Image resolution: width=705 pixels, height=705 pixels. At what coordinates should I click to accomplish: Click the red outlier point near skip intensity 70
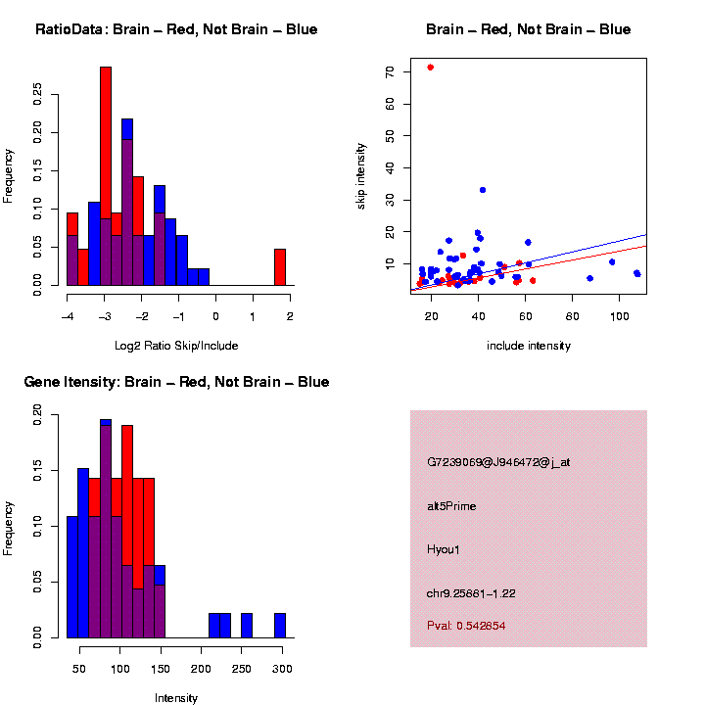pyautogui.click(x=430, y=68)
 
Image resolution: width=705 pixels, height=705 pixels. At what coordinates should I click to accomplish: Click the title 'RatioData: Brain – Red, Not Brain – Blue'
pyautogui.click(x=176, y=29)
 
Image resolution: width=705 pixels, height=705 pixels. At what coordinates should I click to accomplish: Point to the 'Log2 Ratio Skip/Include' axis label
pyautogui.click(x=177, y=345)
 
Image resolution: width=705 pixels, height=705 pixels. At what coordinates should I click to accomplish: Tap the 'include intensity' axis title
pyautogui.click(x=528, y=346)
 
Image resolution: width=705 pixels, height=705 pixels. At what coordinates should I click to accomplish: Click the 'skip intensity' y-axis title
pyautogui.click(x=361, y=175)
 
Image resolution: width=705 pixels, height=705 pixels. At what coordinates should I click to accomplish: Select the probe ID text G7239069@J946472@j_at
pyautogui.click(x=498, y=462)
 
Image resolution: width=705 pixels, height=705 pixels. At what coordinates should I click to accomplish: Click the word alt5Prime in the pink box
pyautogui.click(x=451, y=506)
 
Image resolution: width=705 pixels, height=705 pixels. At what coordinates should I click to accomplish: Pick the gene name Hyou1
pyautogui.click(x=444, y=549)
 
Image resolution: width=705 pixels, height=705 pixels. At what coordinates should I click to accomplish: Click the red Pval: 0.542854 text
pyautogui.click(x=466, y=625)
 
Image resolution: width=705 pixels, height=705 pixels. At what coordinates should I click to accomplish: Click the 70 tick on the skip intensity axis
pyautogui.click(x=390, y=71)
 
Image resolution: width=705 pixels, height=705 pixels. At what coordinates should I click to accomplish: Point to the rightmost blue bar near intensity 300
pyautogui.click(x=280, y=626)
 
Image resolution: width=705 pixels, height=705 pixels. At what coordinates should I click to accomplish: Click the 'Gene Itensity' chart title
pyautogui.click(x=176, y=382)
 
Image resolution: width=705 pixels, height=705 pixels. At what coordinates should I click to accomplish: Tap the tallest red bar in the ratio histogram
pyautogui.click(x=106, y=176)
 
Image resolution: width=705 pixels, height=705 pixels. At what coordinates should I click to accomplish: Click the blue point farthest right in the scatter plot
pyautogui.click(x=637, y=273)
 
